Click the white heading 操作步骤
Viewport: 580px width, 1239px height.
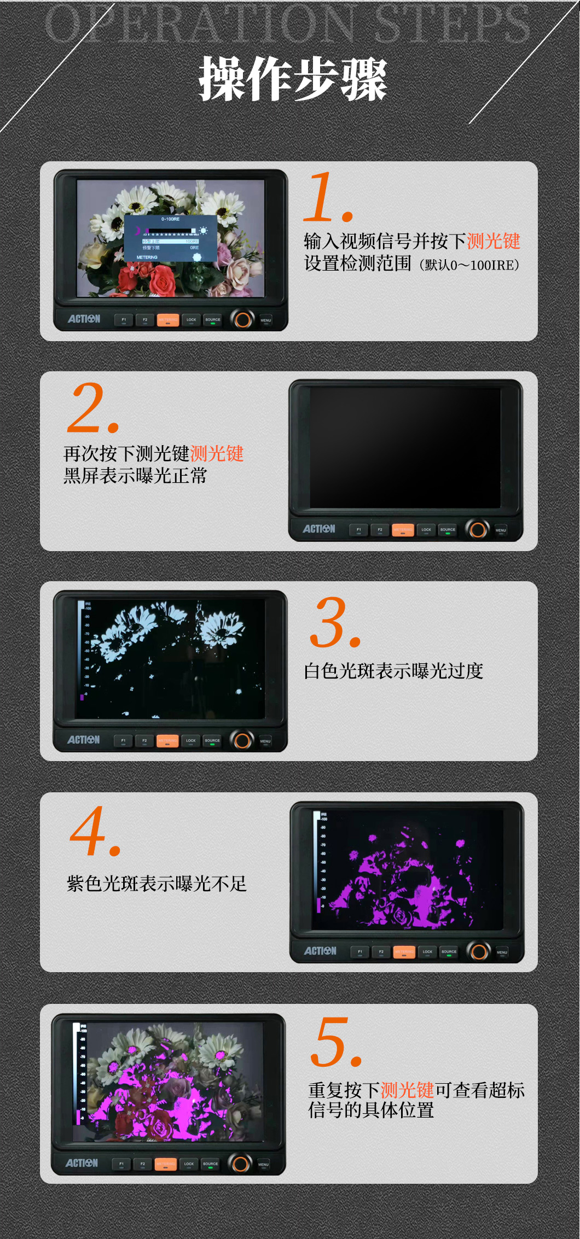tap(293, 79)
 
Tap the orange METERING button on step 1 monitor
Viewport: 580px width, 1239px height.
tap(168, 320)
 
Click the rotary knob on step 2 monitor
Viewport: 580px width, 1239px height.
tap(477, 529)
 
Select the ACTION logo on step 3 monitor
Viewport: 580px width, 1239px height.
tap(83, 740)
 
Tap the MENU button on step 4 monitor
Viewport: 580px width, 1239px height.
tap(502, 952)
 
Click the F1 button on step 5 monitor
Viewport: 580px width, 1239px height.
tap(121, 1164)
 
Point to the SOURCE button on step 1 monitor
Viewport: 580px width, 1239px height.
tap(213, 320)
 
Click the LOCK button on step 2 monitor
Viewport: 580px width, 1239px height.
tap(426, 530)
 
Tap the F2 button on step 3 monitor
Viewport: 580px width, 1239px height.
tap(144, 741)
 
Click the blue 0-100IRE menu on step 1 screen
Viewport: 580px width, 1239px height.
tap(170, 238)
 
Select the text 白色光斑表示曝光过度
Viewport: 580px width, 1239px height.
tap(393, 671)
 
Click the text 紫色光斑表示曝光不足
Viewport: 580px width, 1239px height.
tap(156, 883)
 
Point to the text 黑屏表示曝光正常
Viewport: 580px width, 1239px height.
tap(135, 476)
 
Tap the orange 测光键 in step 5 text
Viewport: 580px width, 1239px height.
tap(407, 1090)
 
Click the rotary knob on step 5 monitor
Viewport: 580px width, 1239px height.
tap(240, 1163)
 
